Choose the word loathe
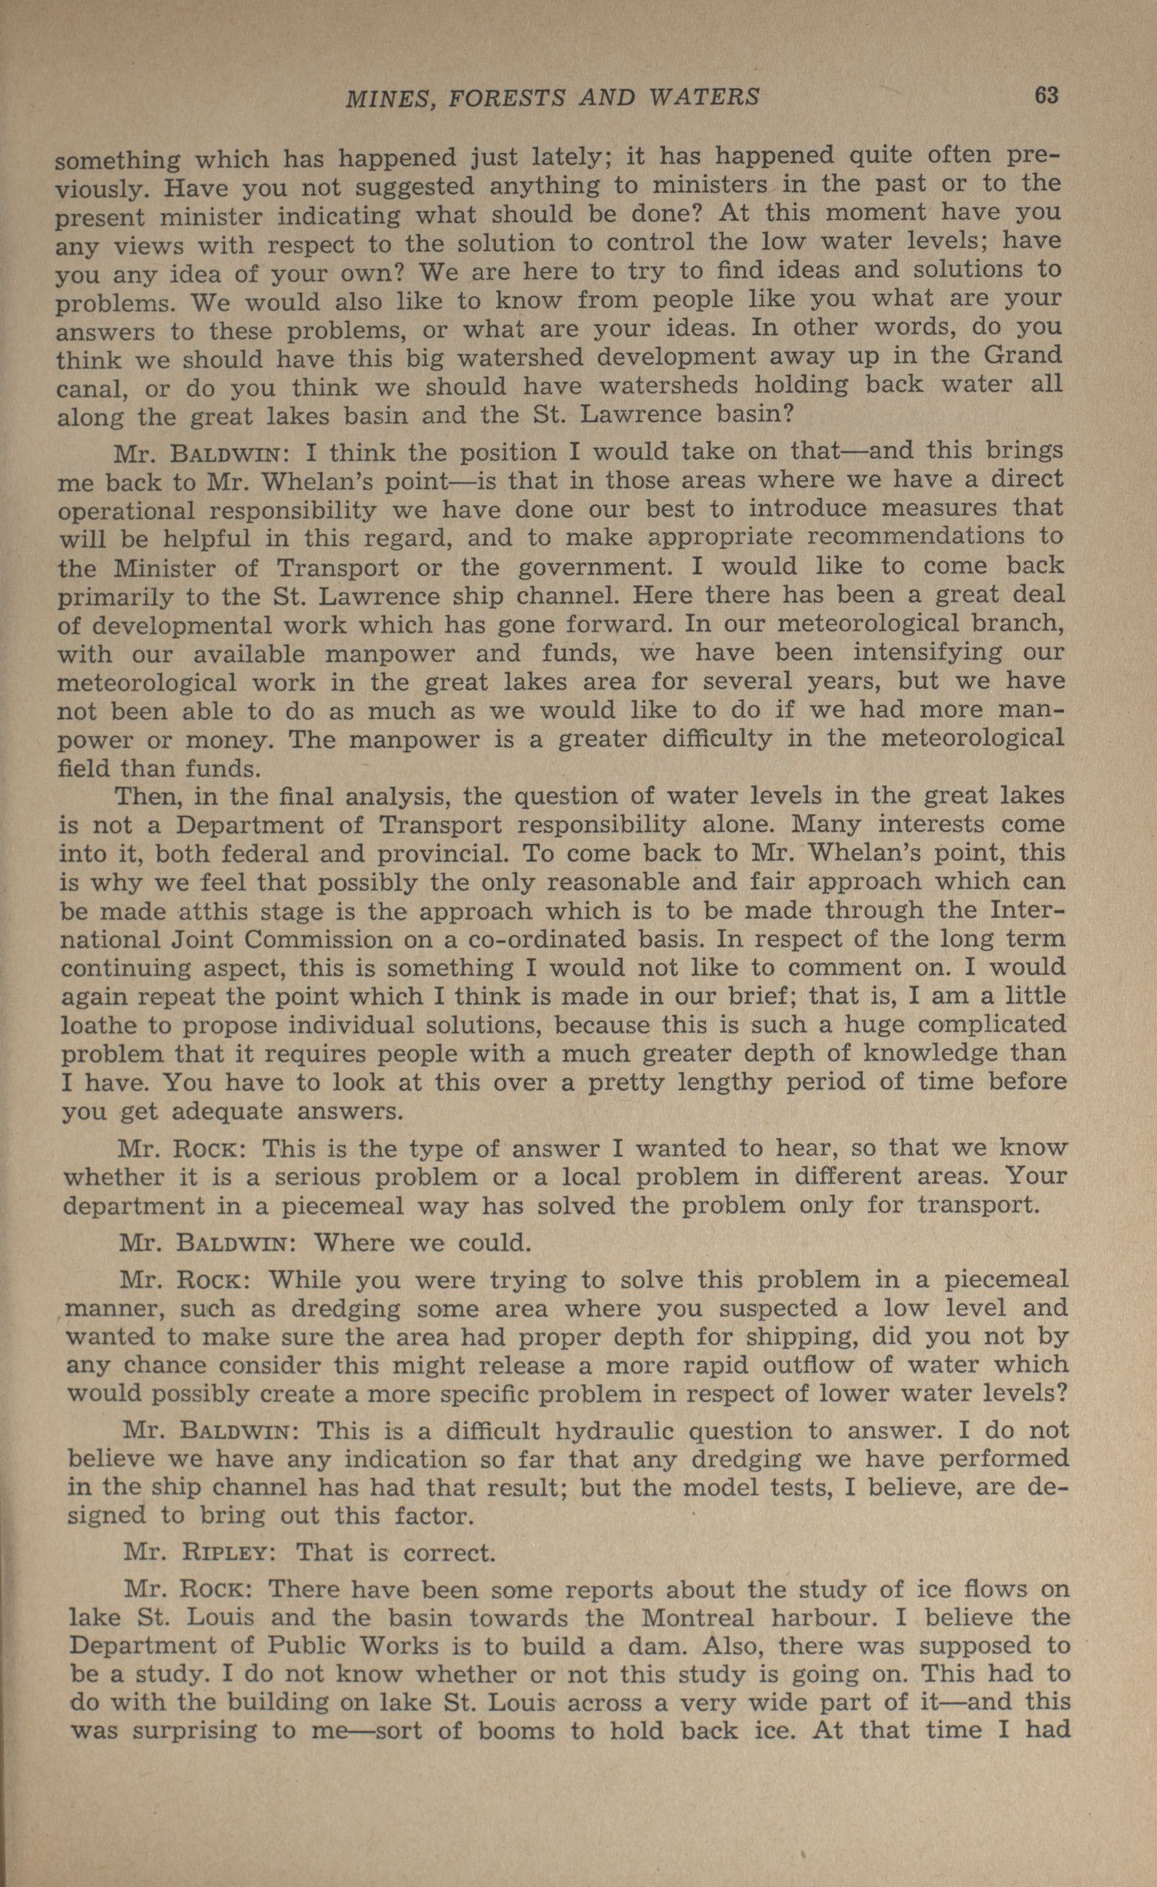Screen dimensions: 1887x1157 99,1025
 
